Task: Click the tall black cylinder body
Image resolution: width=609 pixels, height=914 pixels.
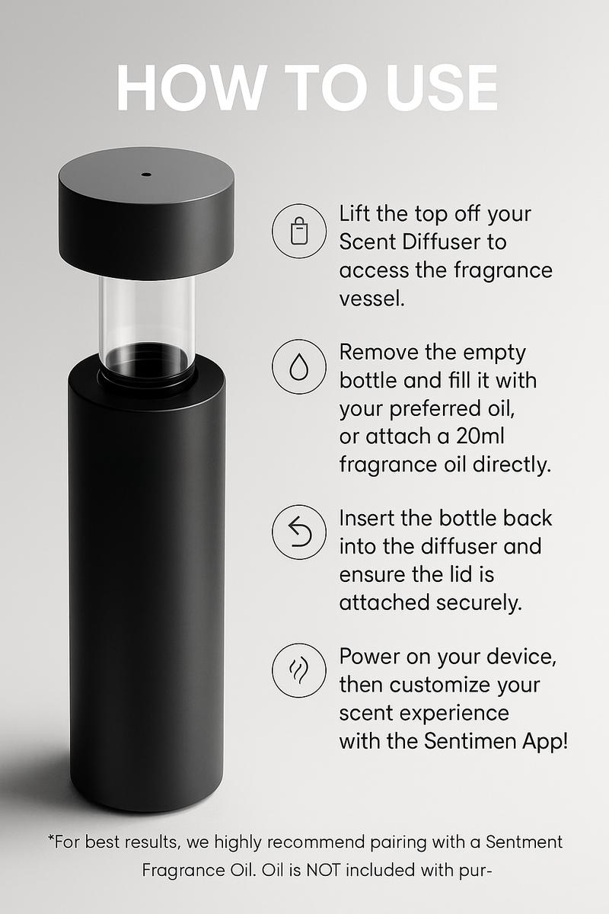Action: click(x=147, y=579)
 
